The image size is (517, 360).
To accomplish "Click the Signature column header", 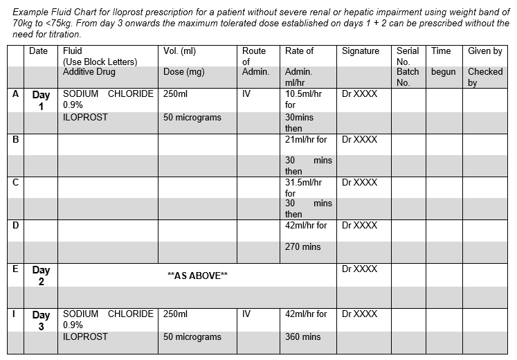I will (x=361, y=51).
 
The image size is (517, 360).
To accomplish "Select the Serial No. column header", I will (x=408, y=56).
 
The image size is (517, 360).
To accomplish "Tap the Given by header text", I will (x=484, y=51).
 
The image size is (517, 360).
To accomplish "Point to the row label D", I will (x=15, y=225).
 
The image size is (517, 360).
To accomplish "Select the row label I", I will (x=15, y=314).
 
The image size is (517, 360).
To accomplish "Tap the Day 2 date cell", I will (x=41, y=276).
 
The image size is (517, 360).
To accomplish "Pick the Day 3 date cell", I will (x=41, y=320).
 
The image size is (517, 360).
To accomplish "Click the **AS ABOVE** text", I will (x=197, y=276).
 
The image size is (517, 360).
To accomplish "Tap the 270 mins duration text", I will (x=302, y=246).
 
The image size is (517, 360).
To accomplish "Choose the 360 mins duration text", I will (x=302, y=337).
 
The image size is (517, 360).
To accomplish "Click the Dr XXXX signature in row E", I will (x=360, y=269).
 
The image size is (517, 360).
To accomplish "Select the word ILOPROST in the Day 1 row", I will (x=85, y=117).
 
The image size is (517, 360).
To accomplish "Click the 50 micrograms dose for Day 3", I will (x=192, y=337).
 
